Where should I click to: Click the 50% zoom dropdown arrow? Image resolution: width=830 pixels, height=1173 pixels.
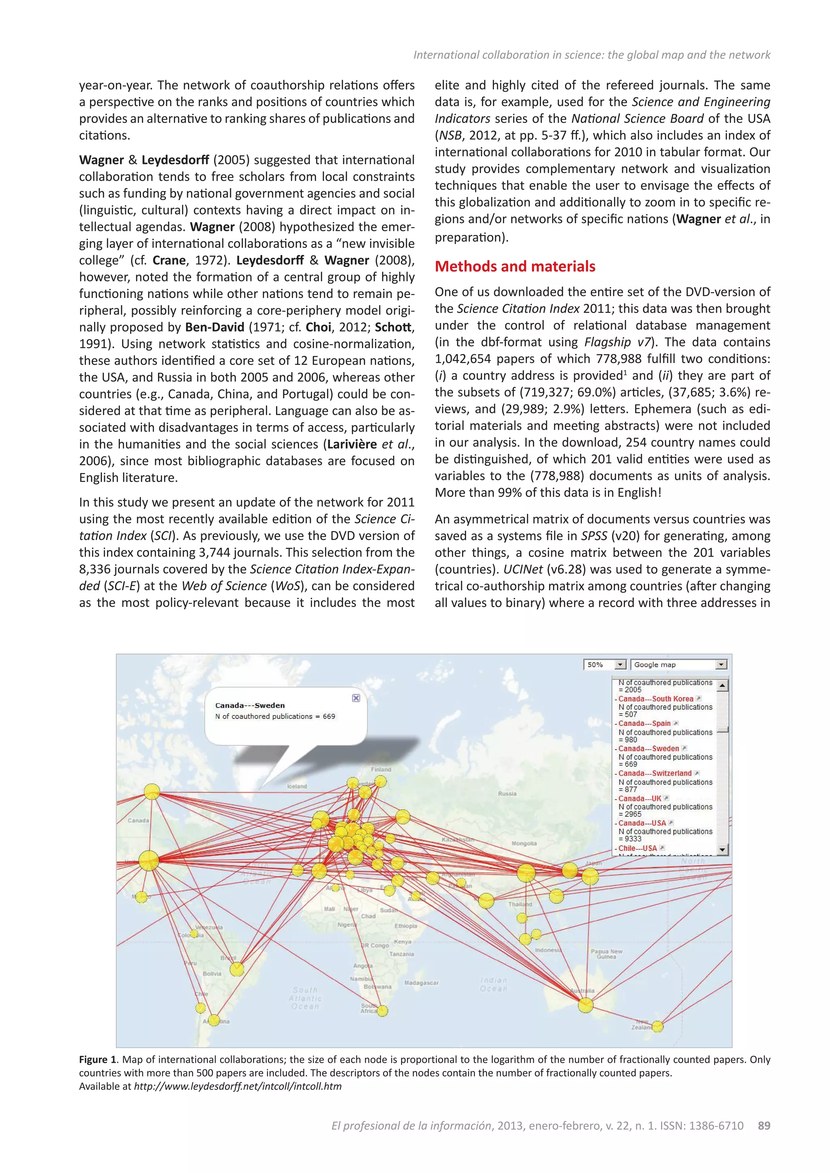[x=620, y=665]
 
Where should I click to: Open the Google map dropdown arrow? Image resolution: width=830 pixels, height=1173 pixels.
[x=721, y=665]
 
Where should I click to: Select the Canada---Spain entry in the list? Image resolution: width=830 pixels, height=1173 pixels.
[x=644, y=723]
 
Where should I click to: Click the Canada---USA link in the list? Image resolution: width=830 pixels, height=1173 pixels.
[x=642, y=823]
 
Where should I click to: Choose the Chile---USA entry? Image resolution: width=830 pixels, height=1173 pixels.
[x=637, y=848]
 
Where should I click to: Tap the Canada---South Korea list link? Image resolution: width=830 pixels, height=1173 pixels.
[x=655, y=699]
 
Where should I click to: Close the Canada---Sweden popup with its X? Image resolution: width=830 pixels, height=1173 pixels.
[x=356, y=698]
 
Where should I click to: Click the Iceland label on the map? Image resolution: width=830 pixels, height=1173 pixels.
[x=297, y=786]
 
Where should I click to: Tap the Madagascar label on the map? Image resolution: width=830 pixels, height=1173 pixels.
[x=421, y=983]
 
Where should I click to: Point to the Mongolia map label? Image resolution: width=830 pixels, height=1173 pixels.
[x=524, y=843]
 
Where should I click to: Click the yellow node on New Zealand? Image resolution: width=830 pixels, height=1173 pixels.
[x=657, y=1026]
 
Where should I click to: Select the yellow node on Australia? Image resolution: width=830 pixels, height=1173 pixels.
[x=586, y=1005]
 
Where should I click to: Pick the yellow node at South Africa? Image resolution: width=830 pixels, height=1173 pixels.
[x=382, y=1011]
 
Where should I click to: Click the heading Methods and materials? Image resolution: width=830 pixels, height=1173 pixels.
[x=515, y=266]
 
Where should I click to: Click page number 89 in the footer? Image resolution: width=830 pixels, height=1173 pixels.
[x=764, y=1126]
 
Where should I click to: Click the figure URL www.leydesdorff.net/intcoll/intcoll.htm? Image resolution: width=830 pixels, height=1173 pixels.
[x=237, y=1086]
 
